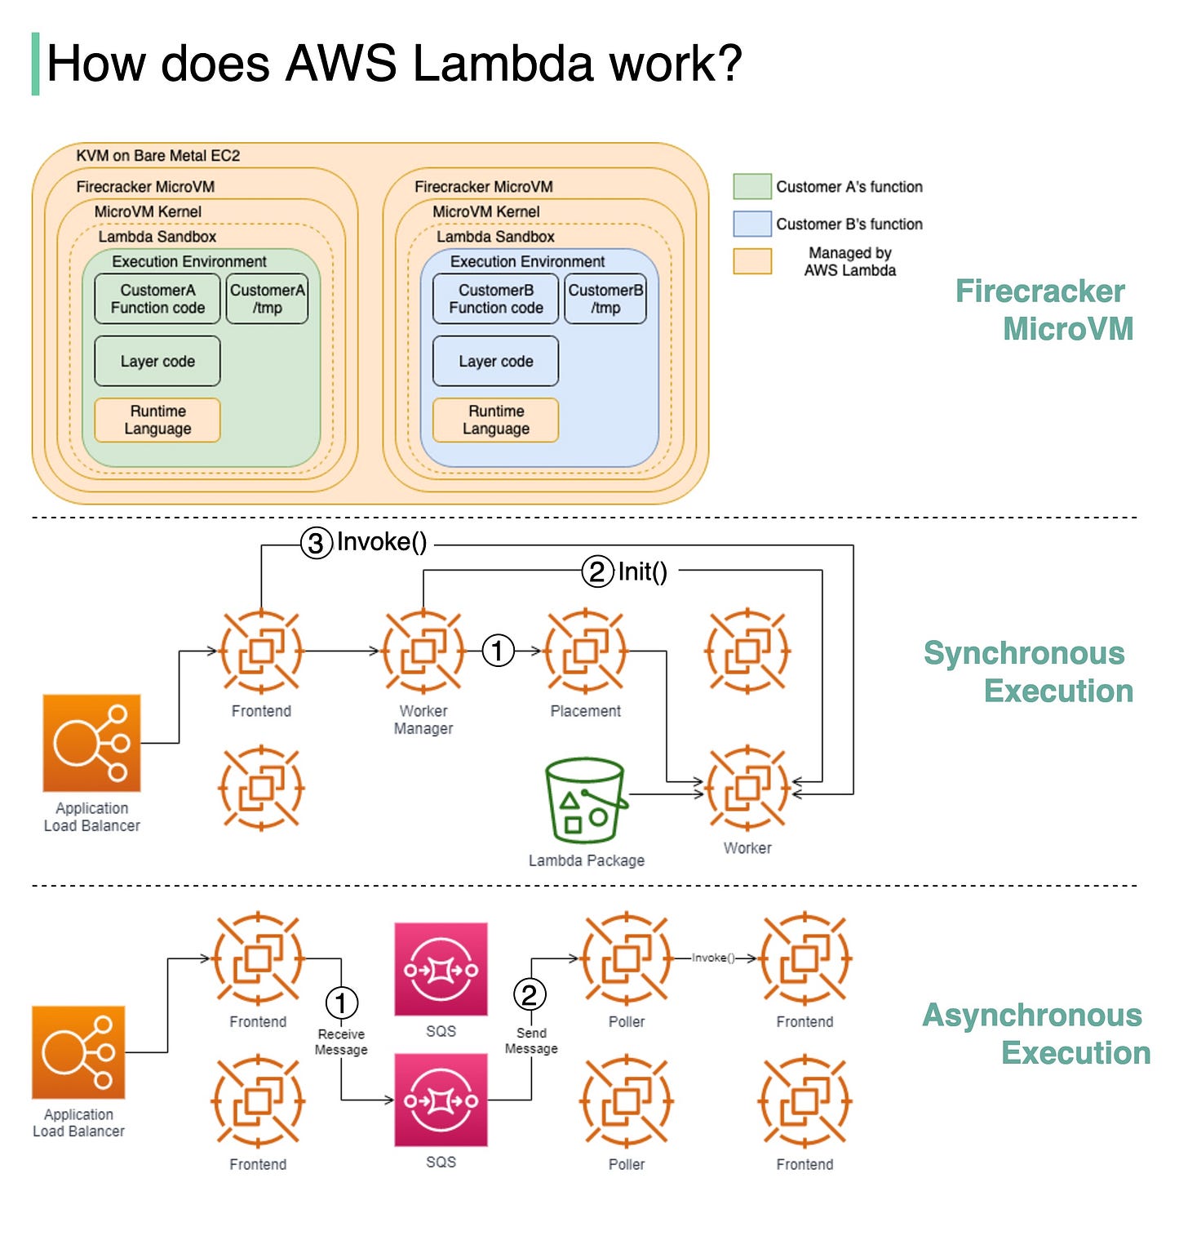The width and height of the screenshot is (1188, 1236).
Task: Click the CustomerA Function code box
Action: pos(157,299)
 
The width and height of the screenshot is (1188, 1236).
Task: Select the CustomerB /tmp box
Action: pos(605,299)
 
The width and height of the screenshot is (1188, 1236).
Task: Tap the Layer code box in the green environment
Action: pos(157,361)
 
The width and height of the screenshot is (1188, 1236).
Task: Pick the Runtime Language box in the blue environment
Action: pos(495,420)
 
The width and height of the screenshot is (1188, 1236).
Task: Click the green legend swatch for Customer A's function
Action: pos(751,186)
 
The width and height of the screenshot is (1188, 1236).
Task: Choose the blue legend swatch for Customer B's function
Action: pos(751,224)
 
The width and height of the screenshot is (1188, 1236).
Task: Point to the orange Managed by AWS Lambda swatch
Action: pos(751,261)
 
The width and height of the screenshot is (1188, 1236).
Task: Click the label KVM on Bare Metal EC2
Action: pos(157,155)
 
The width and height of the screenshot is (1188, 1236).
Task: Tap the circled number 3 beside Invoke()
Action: pos(316,543)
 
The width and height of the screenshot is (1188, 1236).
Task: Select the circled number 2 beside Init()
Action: pos(596,571)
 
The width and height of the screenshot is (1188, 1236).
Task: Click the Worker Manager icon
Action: pos(423,651)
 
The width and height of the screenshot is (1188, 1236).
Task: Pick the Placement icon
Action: pos(585,651)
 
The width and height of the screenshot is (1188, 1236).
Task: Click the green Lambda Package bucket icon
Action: pos(585,800)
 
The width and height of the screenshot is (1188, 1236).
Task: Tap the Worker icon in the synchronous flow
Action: pos(747,788)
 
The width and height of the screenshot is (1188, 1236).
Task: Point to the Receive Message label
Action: pos(341,1042)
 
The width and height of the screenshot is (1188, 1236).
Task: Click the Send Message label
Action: pos(531,1041)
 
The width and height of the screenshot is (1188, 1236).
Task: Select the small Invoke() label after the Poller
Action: pos(713,958)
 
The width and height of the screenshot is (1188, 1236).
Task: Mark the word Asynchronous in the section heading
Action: pos(1031,1015)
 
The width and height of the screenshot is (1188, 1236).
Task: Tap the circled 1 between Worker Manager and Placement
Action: pos(498,651)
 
